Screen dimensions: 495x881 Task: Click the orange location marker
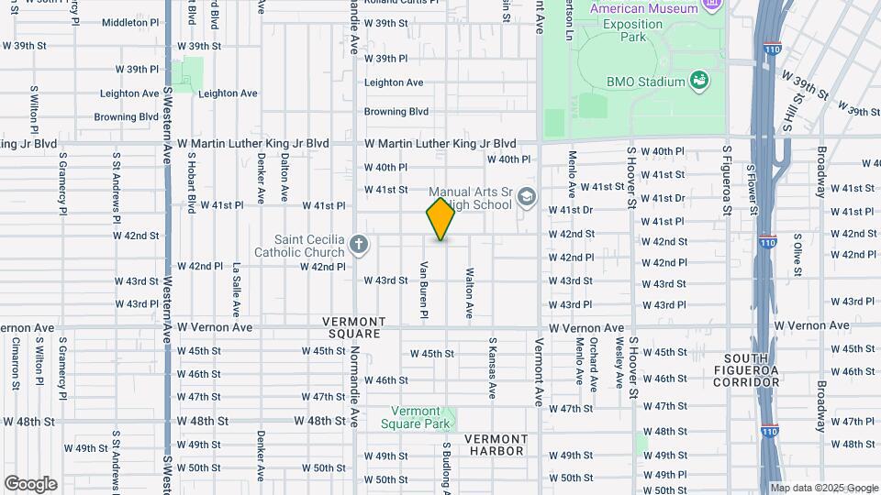pos(440,219)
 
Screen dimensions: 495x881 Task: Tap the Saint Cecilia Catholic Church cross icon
pos(359,245)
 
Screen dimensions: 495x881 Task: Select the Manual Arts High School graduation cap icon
pos(527,197)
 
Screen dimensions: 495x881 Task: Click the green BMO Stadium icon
pos(699,81)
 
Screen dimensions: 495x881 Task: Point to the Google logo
pos(30,484)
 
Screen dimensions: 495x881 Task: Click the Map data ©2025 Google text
pos(823,488)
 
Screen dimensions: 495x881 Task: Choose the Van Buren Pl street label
pos(424,291)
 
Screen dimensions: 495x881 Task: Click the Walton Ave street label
pos(469,292)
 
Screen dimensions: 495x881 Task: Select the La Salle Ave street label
pos(236,290)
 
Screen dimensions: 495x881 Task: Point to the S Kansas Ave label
pos(492,367)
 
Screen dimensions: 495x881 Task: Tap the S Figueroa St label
pos(726,180)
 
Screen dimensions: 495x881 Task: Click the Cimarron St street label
pos(17,364)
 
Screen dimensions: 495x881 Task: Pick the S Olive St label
pos(797,258)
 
